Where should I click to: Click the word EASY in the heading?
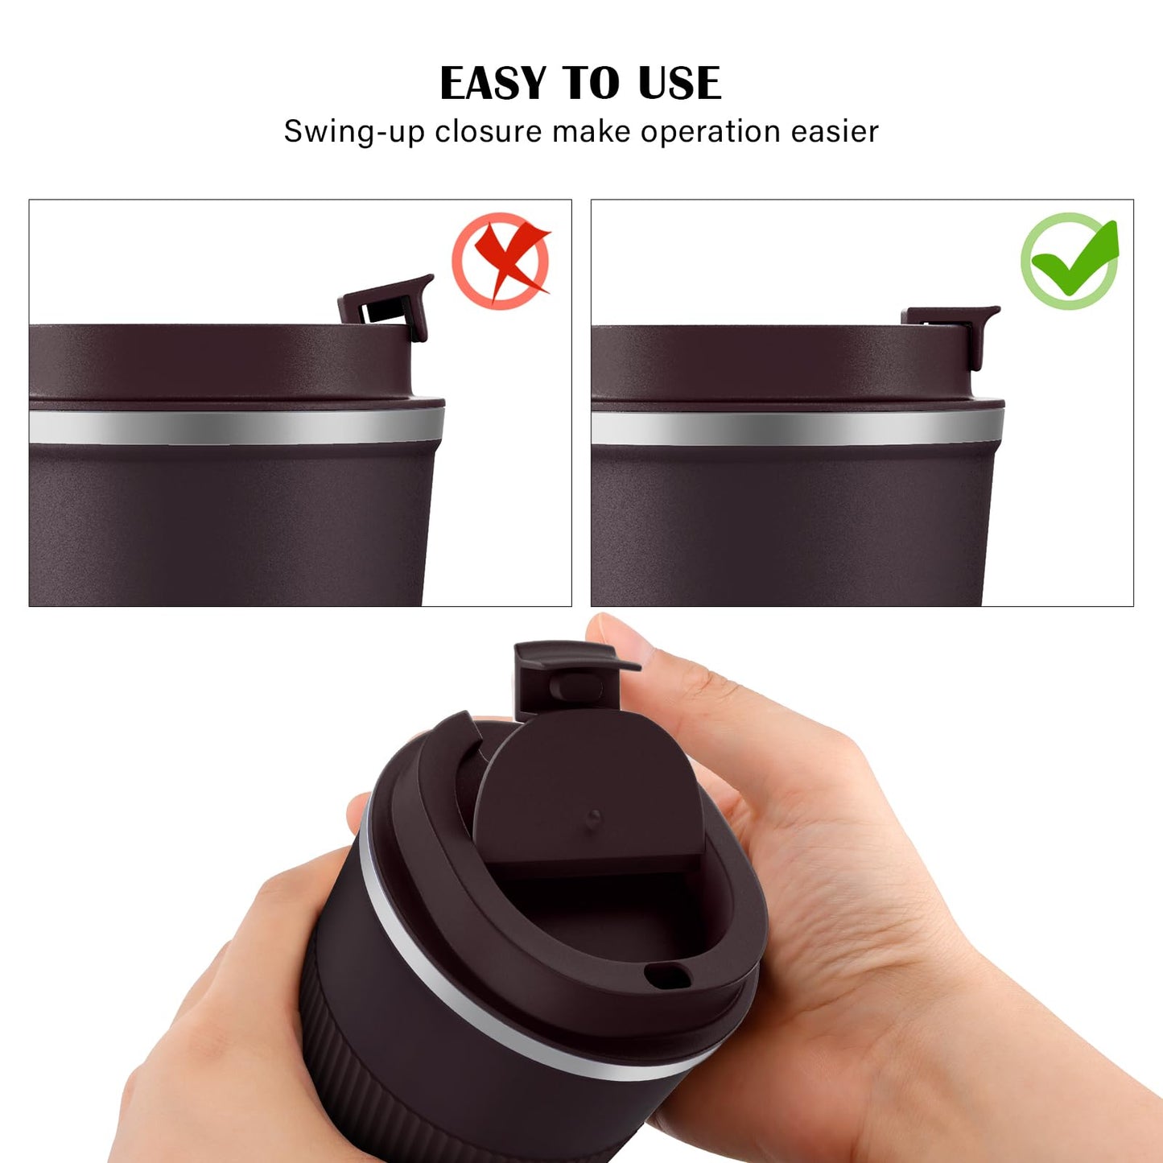click(493, 84)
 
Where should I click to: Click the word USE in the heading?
click(679, 84)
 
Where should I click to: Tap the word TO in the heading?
click(591, 84)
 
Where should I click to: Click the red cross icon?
click(501, 260)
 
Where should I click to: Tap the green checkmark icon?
click(1070, 260)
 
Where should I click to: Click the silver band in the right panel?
click(797, 427)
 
